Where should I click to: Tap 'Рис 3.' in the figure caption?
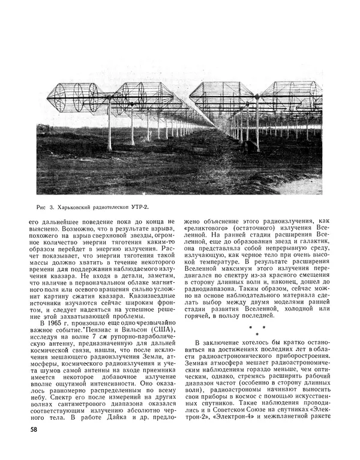tap(46, 208)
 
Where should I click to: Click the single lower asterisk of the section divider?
tap(257, 333)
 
